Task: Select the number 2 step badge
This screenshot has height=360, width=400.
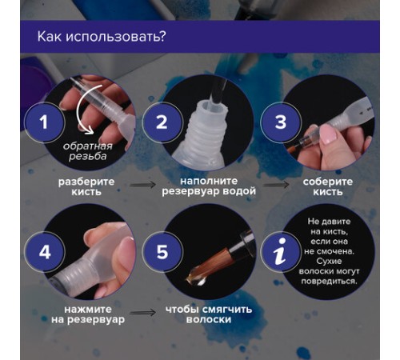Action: point(162,122)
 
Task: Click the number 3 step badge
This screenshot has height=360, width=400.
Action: point(280,122)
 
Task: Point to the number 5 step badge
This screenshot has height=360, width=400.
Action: point(162,251)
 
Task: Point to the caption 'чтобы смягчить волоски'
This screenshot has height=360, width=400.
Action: point(198,313)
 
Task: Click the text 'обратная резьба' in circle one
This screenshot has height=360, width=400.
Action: point(89,151)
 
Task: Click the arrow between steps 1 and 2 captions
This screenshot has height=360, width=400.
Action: point(143,183)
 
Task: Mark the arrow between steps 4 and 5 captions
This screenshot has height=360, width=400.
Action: point(143,312)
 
